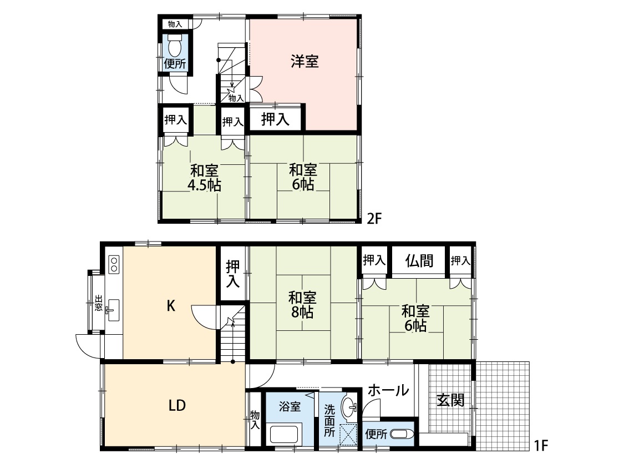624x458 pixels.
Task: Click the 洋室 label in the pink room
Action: click(x=305, y=62)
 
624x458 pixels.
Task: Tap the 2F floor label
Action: click(x=374, y=218)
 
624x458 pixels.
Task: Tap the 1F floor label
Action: click(x=540, y=445)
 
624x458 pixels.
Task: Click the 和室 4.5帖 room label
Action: click(x=204, y=178)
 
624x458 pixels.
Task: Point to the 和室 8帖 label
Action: click(x=302, y=305)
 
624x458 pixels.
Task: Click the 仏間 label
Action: click(x=419, y=261)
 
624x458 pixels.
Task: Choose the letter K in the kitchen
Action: click(x=171, y=306)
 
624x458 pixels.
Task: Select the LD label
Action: click(x=177, y=405)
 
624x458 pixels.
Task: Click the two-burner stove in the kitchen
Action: click(x=114, y=264)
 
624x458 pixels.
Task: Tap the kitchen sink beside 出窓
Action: click(x=113, y=310)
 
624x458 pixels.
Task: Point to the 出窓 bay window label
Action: click(x=98, y=303)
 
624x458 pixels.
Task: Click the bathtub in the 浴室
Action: click(x=286, y=435)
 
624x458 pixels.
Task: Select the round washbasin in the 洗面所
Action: click(x=350, y=407)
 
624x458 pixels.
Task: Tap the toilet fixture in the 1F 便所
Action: click(x=402, y=434)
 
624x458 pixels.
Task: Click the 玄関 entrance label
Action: click(x=450, y=400)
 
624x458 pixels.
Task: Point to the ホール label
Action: click(x=388, y=390)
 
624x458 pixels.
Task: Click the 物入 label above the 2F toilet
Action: click(x=175, y=24)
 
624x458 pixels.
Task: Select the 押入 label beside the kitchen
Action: click(x=233, y=274)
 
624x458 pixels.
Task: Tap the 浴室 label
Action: click(x=290, y=406)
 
